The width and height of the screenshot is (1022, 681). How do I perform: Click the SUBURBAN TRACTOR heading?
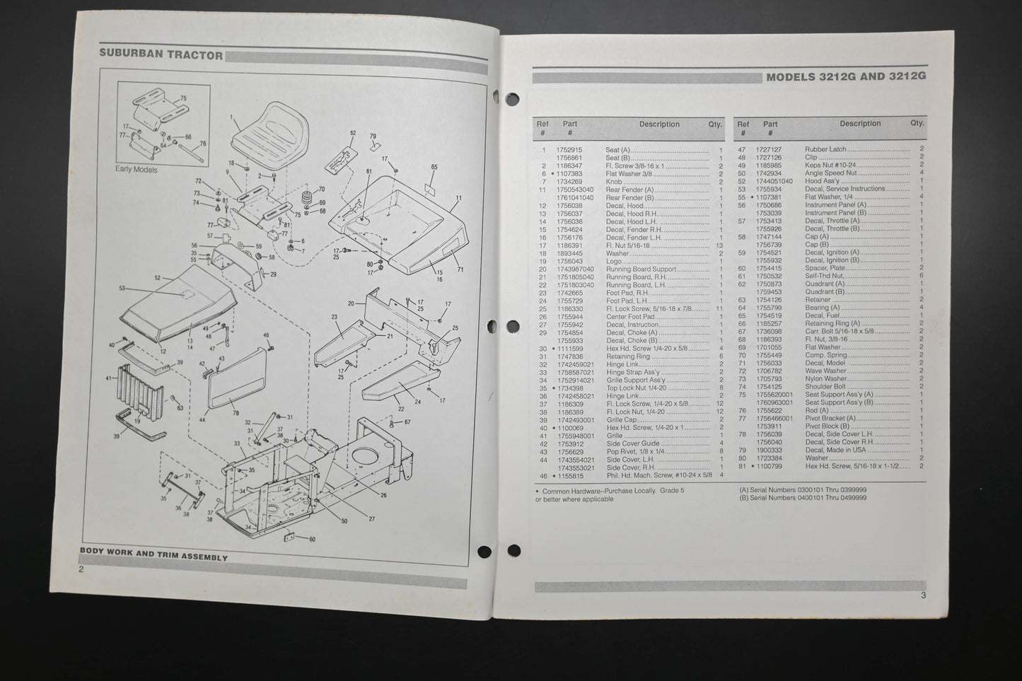coord(161,54)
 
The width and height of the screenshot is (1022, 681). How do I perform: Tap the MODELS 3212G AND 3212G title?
coord(846,77)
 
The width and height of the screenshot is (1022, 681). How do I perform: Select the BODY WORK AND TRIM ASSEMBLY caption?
coord(153,557)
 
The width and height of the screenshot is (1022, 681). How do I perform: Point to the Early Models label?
coord(137,170)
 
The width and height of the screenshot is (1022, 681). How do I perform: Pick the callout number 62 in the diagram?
coord(352,133)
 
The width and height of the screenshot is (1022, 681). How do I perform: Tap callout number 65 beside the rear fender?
coord(434,167)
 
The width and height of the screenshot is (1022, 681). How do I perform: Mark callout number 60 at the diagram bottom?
coord(312,540)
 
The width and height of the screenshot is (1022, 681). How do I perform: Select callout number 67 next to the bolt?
coord(407,422)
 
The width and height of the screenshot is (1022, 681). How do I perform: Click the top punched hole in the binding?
coord(513,98)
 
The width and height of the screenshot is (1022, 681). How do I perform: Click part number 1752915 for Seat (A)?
coord(569,150)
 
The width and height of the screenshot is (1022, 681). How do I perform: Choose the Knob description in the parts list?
coord(614,182)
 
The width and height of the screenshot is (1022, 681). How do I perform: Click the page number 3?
coord(923,595)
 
